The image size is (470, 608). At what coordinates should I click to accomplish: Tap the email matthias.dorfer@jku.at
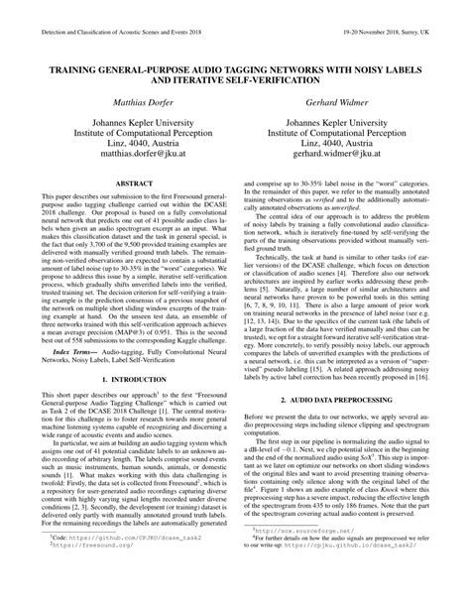point(120,155)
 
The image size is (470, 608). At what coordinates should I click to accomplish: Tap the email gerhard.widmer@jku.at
point(349,155)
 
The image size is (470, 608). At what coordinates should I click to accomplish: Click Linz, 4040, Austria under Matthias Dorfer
point(120,143)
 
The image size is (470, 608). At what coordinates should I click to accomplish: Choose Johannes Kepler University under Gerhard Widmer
point(349,119)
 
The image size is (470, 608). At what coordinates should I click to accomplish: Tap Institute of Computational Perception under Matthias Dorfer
point(120,131)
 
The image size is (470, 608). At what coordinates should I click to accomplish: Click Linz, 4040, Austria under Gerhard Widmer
point(349,143)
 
